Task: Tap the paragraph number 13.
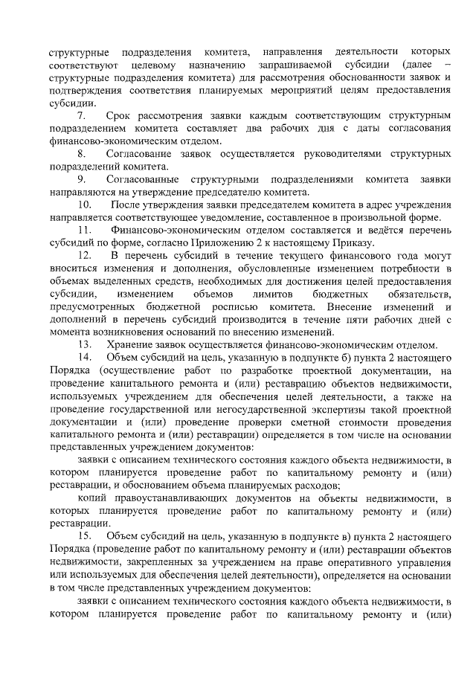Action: point(84,344)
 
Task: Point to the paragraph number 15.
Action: point(84,536)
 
